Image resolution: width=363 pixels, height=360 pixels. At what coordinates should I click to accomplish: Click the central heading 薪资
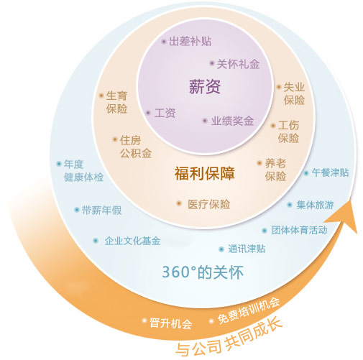205,86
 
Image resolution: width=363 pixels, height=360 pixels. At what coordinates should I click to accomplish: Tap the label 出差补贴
190,41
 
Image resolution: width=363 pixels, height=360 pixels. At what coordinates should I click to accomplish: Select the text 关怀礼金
238,64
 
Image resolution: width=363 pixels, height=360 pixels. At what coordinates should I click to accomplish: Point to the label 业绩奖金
232,121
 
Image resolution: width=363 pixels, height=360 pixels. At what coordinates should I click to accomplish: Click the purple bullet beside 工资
148,113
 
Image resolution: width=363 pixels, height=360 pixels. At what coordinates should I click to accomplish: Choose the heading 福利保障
204,173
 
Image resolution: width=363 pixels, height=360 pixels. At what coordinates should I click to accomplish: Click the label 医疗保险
208,204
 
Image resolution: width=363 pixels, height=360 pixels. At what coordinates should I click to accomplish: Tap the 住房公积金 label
136,147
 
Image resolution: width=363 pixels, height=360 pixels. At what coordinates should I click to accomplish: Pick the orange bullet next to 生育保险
101,96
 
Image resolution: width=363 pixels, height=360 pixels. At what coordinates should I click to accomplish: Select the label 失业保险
294,93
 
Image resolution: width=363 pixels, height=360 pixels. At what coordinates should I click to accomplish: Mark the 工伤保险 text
288,131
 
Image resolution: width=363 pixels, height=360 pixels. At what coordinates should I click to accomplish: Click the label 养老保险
275,170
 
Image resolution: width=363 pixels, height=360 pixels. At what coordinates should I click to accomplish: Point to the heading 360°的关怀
203,272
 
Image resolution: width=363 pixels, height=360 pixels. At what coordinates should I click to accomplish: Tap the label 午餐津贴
330,172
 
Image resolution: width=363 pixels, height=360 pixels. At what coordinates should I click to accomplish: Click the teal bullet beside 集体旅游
290,205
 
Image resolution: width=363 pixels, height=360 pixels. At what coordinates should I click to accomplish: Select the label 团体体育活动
299,230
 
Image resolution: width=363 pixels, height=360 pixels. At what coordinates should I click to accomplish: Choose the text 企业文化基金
132,241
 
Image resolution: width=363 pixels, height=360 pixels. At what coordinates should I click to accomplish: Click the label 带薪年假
102,210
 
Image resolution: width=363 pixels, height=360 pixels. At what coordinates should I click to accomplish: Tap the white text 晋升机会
171,323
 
